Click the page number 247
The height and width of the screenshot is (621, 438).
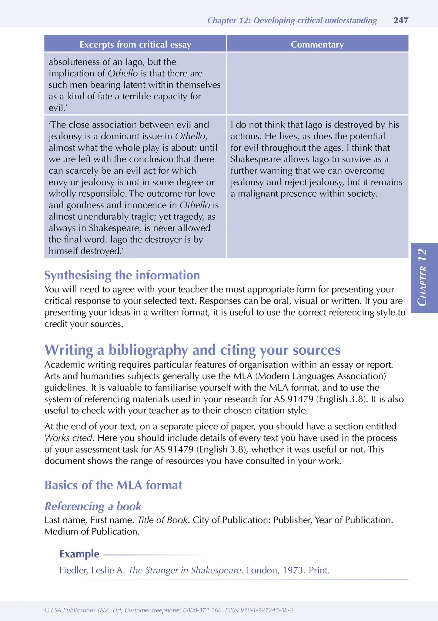(x=401, y=20)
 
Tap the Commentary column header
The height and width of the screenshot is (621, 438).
(x=317, y=45)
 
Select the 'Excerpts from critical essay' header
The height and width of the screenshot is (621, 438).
(x=135, y=45)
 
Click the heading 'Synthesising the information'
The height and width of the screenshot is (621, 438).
(x=122, y=275)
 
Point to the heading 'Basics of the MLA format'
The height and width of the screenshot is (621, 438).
(x=113, y=485)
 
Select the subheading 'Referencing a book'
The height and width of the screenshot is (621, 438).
(x=93, y=506)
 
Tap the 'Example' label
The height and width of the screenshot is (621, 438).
(x=79, y=554)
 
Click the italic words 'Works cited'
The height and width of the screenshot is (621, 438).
(x=68, y=438)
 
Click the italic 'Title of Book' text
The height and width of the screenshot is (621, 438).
(x=162, y=520)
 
